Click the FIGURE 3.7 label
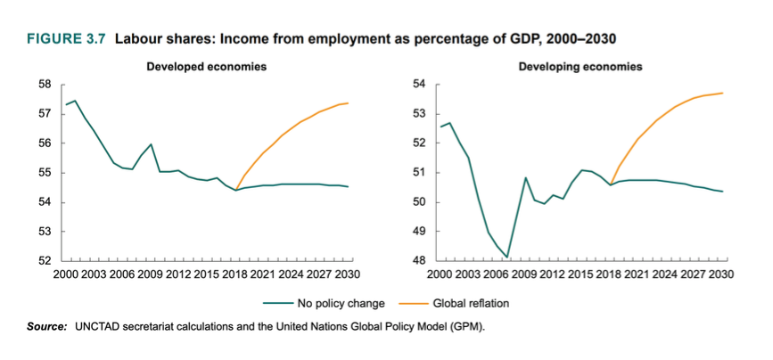click(68, 40)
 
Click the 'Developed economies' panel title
click(207, 67)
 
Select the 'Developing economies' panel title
click(581, 67)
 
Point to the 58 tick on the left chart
click(43, 85)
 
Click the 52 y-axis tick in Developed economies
click(43, 261)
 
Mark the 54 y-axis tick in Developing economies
click(419, 85)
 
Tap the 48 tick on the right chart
click(419, 261)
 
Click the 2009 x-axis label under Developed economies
click(150, 274)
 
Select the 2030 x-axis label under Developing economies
click(720, 274)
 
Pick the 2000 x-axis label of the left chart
click(66, 274)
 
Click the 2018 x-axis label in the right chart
click(609, 274)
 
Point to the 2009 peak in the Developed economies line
click(151, 144)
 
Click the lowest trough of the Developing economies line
click(506, 258)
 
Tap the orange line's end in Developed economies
click(348, 103)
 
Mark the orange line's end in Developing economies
click(721, 93)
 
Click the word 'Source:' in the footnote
click(45, 328)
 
